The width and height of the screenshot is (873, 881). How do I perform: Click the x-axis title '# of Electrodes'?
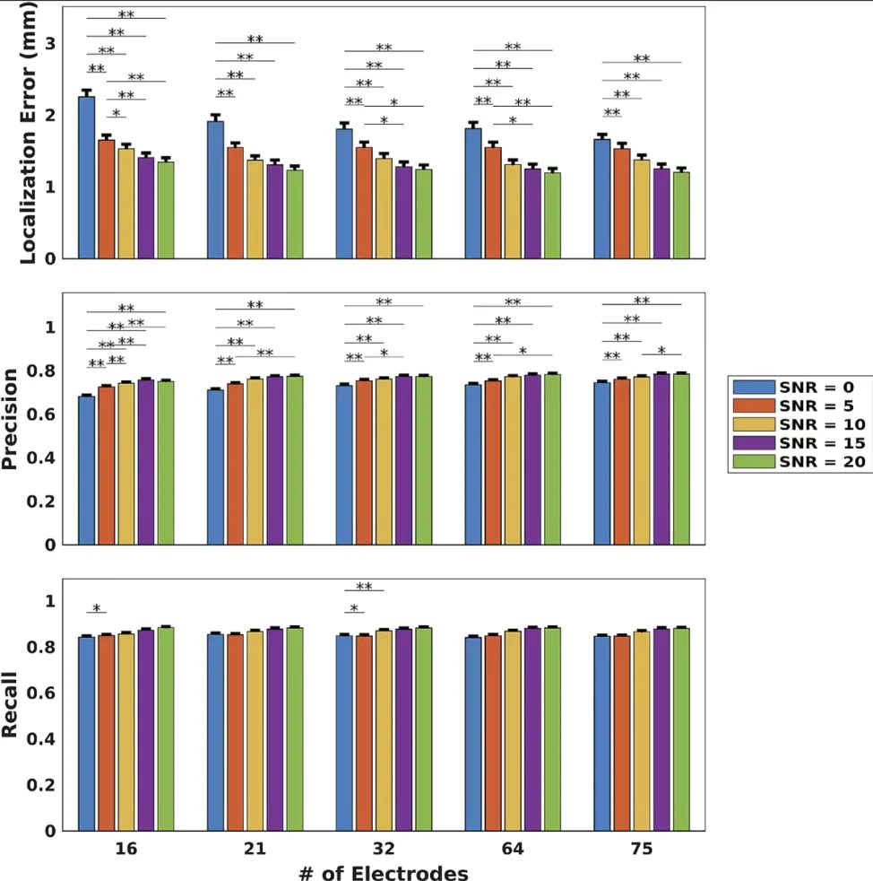pos(383,870)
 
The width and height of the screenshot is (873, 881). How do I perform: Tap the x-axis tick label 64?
pos(512,848)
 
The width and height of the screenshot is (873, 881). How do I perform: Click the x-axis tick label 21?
pos(255,848)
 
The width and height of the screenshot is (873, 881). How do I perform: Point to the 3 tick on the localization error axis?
pos(50,43)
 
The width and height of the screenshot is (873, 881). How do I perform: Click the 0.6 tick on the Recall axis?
pos(42,693)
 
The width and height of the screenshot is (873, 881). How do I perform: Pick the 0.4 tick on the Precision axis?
pos(42,458)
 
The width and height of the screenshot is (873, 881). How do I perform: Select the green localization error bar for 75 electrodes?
pos(681,215)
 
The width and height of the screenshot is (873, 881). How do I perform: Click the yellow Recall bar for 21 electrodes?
pos(255,731)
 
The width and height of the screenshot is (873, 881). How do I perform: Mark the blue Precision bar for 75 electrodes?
pos(602,463)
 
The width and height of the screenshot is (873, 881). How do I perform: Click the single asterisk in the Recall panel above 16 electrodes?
pos(97,608)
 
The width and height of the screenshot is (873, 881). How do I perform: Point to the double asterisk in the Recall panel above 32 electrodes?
pos(364,587)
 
